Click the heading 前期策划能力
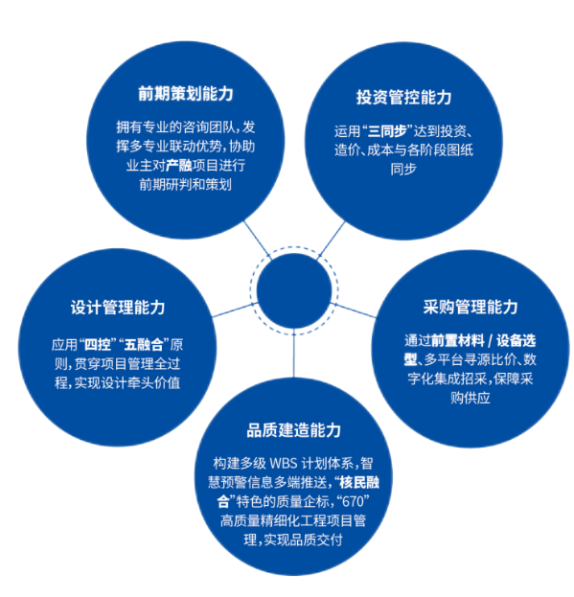[185, 94]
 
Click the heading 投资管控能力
[403, 97]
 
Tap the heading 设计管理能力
[118, 308]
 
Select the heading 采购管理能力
[471, 307]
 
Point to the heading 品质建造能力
[294, 430]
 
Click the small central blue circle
[294, 290]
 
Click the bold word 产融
[179, 166]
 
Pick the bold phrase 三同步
[387, 131]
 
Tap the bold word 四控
[98, 345]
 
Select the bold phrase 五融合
[144, 345]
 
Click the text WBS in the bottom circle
[284, 464]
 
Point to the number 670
[354, 502]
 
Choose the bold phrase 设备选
[517, 340]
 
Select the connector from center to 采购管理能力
[353, 310]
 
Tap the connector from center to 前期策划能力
[258, 241]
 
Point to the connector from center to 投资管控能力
[332, 241]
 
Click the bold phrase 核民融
[359, 482]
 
